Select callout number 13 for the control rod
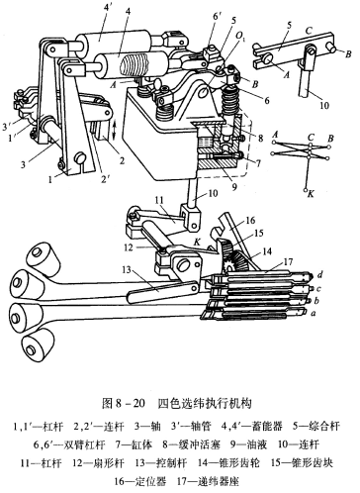pyautogui.click(x=127, y=271)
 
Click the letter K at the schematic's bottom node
pyautogui.click(x=311, y=194)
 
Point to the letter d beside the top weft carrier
pyautogui.click(x=319, y=274)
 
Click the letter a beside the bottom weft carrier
pyautogui.click(x=314, y=313)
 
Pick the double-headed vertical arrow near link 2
pyautogui.click(x=115, y=131)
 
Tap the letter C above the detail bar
pyautogui.click(x=309, y=31)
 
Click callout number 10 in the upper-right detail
pyautogui.click(x=324, y=106)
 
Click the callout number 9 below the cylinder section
pyautogui.click(x=233, y=187)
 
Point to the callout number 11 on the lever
pyautogui.click(x=160, y=200)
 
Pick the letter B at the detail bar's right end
pyautogui.click(x=348, y=54)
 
